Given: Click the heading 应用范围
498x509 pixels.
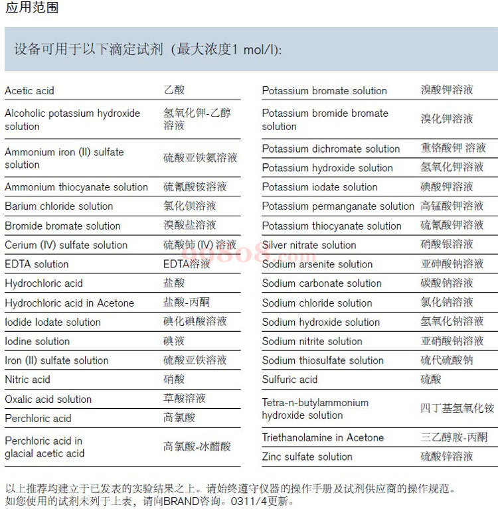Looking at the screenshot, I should [x=32, y=8].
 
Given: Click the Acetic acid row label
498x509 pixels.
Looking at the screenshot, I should [x=30, y=91].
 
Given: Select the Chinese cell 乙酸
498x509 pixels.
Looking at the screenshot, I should [x=174, y=90].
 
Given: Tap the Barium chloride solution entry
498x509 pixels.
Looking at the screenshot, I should [x=59, y=206].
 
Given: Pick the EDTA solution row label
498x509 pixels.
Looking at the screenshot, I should [x=37, y=264].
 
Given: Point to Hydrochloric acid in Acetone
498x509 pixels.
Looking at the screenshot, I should [x=70, y=303].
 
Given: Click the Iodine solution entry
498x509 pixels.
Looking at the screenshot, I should [x=37, y=342].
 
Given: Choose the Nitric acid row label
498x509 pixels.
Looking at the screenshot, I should [x=27, y=380].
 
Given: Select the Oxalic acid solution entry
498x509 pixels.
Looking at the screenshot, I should [x=48, y=400].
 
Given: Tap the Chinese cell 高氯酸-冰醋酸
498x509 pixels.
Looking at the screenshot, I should [x=197, y=447].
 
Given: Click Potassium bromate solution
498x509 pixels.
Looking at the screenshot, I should [x=324, y=91].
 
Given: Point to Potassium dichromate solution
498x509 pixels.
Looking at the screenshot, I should [x=331, y=149].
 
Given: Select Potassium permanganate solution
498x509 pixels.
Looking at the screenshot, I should [x=338, y=206].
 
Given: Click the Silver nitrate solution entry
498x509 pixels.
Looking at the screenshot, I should [x=309, y=245].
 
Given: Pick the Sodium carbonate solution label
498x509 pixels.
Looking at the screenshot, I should [x=322, y=283].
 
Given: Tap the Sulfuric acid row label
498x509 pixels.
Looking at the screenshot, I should [x=290, y=380].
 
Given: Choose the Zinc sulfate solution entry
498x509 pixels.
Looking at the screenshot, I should [x=307, y=457].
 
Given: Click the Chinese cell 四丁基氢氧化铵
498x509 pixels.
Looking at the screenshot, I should [x=457, y=408].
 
